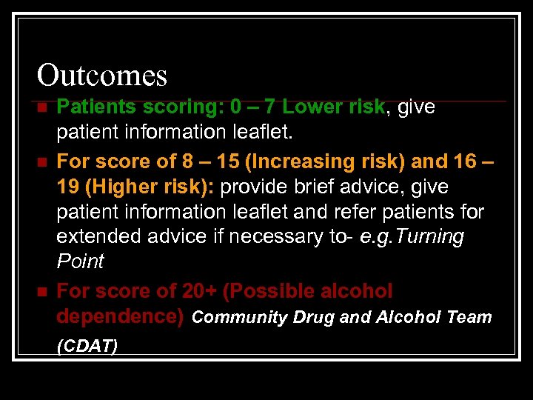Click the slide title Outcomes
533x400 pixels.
click(x=102, y=75)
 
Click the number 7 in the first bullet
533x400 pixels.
click(x=270, y=107)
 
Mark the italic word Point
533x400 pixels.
click(x=80, y=261)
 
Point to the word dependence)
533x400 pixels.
click(x=120, y=316)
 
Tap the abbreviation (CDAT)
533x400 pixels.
click(x=87, y=346)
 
